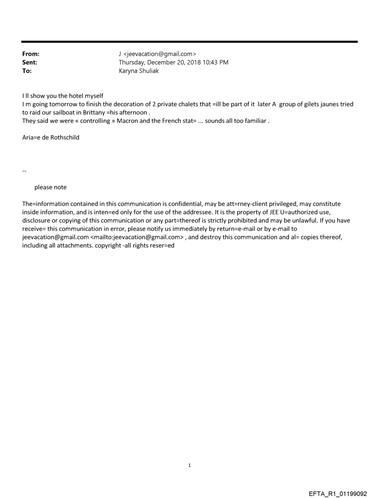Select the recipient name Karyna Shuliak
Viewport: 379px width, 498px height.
click(139, 71)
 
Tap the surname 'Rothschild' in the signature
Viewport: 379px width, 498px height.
click(64, 137)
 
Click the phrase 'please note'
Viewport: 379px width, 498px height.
click(50, 188)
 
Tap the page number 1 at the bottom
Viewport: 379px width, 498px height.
click(189, 466)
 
